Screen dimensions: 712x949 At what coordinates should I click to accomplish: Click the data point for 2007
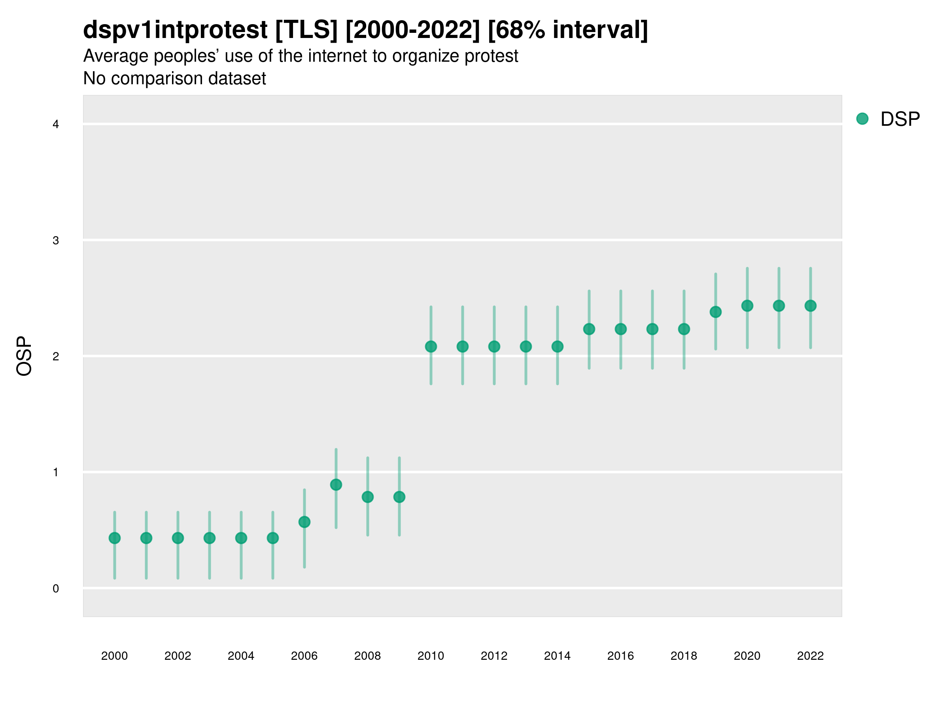(336, 485)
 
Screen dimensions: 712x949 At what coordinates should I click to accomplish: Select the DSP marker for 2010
(431, 347)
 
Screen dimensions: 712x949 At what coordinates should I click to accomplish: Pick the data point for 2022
(811, 306)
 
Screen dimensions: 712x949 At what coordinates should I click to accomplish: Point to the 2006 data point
(304, 522)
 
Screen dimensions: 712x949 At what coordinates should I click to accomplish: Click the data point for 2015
(589, 329)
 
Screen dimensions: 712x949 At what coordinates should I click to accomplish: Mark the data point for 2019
(716, 312)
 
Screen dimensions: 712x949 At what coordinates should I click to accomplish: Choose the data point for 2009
(399, 497)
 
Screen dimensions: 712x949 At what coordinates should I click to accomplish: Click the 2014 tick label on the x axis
(557, 656)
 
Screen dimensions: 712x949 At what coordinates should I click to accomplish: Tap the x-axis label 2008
(368, 656)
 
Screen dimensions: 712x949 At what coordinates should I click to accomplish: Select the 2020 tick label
(747, 656)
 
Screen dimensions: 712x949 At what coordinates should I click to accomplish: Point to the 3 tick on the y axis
(56, 240)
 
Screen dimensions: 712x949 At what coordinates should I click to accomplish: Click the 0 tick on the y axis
(56, 589)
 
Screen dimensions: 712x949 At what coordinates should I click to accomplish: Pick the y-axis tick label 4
(56, 125)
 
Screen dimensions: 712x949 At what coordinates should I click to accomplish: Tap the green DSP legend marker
(862, 119)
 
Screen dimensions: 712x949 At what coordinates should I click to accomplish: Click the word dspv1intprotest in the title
(175, 30)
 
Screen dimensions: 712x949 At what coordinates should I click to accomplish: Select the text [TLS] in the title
(306, 30)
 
